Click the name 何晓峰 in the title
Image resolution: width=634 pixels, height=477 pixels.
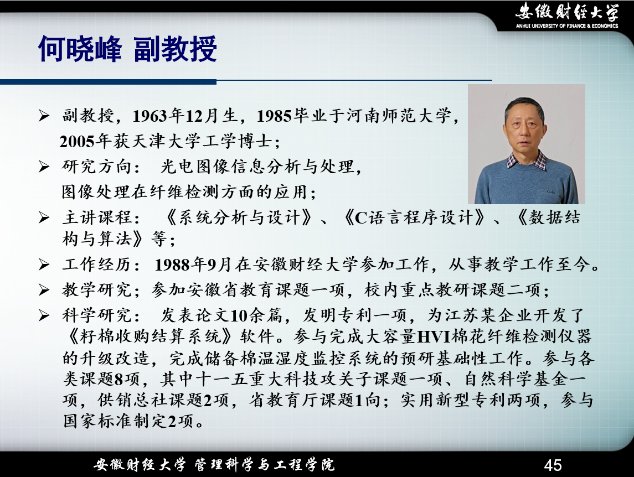[80, 49]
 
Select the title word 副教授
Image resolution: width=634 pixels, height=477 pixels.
[175, 49]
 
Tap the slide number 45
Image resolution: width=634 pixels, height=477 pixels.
[553, 465]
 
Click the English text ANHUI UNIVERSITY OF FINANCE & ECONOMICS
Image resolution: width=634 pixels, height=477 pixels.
[567, 26]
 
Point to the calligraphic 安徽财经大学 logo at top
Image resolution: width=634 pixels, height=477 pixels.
[567, 11]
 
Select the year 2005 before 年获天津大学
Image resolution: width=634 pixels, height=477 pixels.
[77, 142]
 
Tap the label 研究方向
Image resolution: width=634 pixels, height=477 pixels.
[97, 167]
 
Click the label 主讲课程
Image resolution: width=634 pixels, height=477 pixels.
[97, 217]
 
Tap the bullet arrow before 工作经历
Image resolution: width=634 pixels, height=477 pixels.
[44, 265]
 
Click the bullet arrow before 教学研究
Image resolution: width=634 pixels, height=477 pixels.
[44, 290]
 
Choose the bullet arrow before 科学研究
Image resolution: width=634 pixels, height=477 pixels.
[44, 315]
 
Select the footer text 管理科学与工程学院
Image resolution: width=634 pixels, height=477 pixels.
[265, 465]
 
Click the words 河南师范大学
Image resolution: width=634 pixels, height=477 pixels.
[398, 116]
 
